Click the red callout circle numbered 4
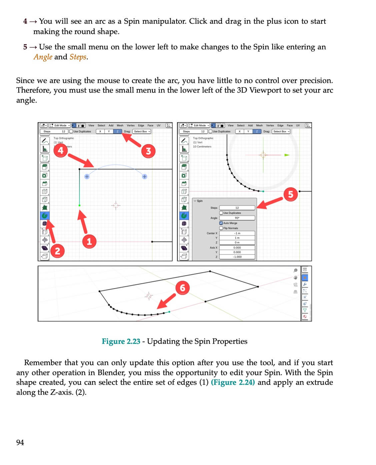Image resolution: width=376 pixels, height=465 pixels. point(60,150)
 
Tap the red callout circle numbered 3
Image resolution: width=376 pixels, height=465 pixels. point(148,151)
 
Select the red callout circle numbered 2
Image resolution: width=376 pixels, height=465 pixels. point(57,251)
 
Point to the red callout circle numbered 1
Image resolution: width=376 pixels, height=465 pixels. point(89,241)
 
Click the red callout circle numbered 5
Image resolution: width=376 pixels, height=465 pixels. point(290,194)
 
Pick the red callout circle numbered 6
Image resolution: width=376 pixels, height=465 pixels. point(182,287)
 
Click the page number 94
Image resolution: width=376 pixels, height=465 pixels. point(20,442)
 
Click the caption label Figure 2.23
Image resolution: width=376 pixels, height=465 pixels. point(121,341)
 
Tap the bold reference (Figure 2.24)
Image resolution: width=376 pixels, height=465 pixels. point(233,382)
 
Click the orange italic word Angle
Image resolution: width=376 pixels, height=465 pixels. point(43,57)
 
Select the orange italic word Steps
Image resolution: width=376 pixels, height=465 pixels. point(78,57)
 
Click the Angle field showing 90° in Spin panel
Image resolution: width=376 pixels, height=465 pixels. point(237,218)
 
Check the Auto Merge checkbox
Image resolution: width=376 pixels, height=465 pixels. point(221,223)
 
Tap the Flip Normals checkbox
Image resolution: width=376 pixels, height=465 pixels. point(221,228)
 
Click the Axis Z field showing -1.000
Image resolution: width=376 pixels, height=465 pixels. point(237,257)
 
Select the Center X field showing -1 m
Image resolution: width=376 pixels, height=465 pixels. point(237,233)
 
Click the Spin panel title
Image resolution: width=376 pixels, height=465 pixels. point(199,201)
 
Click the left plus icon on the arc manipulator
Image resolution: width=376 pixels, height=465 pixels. point(87,177)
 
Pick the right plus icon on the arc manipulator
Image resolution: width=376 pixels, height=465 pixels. point(144,177)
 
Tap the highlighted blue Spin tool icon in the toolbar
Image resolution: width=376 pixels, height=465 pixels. point(45,216)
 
